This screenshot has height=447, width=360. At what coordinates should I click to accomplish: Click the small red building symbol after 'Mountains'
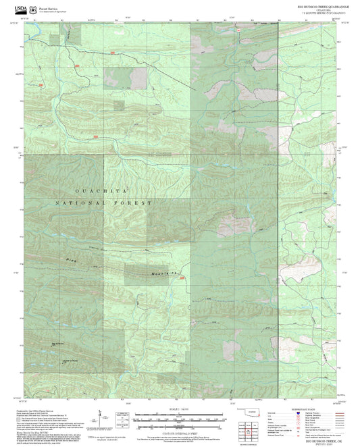coord(180,275)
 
